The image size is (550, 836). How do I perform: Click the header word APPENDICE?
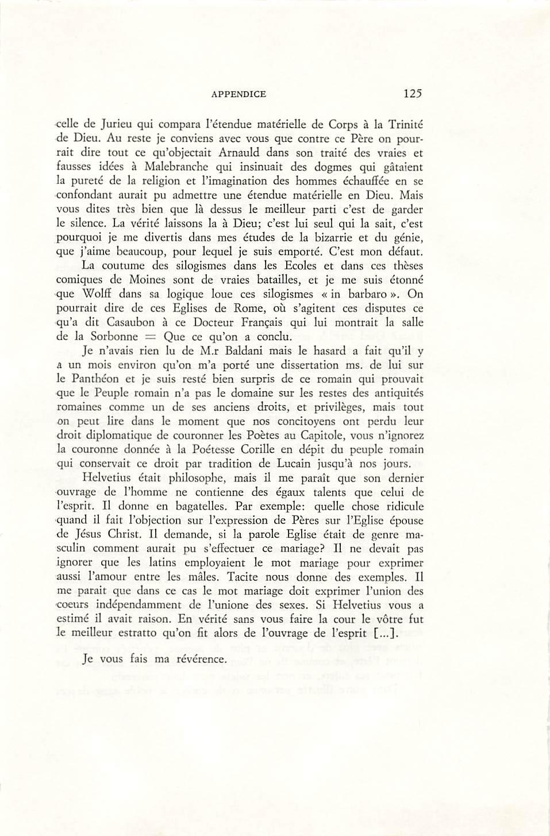pyautogui.click(x=239, y=94)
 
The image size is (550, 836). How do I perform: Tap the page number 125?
pyautogui.click(x=413, y=93)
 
